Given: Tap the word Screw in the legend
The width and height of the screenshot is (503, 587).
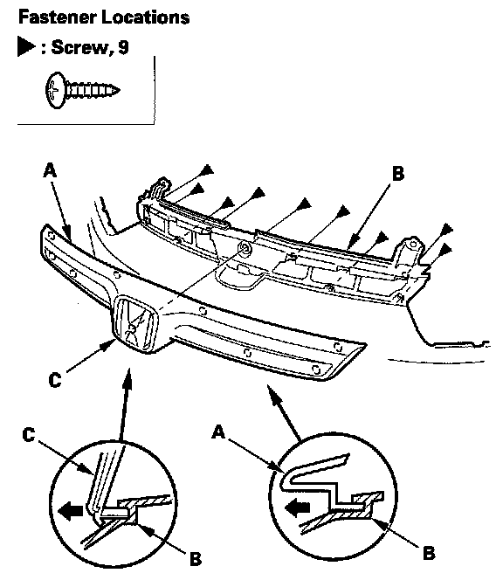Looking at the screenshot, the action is click(x=80, y=47).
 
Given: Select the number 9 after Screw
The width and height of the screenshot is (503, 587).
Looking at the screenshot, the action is click(x=123, y=47).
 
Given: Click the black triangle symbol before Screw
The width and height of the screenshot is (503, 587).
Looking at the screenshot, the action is click(x=26, y=47).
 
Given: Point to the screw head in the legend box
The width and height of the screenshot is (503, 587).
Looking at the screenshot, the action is click(x=55, y=90).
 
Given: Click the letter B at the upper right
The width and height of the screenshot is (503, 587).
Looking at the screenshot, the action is click(x=398, y=173).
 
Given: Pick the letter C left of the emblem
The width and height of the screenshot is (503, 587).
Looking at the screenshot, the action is click(x=55, y=380).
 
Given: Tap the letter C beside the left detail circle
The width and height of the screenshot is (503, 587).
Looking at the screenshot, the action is click(x=29, y=435).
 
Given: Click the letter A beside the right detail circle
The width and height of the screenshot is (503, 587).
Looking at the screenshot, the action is click(x=218, y=432).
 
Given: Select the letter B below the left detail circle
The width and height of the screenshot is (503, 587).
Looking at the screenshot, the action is click(x=196, y=559).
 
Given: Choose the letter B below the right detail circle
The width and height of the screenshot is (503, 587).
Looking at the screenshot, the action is click(x=429, y=553).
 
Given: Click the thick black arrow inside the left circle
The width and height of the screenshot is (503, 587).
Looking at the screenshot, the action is click(x=71, y=511).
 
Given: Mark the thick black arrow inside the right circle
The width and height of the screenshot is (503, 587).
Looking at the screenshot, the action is click(x=298, y=508).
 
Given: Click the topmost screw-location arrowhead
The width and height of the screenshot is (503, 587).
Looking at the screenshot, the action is click(x=207, y=170).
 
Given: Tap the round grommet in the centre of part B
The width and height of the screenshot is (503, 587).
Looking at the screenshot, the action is click(x=245, y=247).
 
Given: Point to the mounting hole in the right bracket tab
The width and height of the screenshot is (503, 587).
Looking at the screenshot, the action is click(x=413, y=245).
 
